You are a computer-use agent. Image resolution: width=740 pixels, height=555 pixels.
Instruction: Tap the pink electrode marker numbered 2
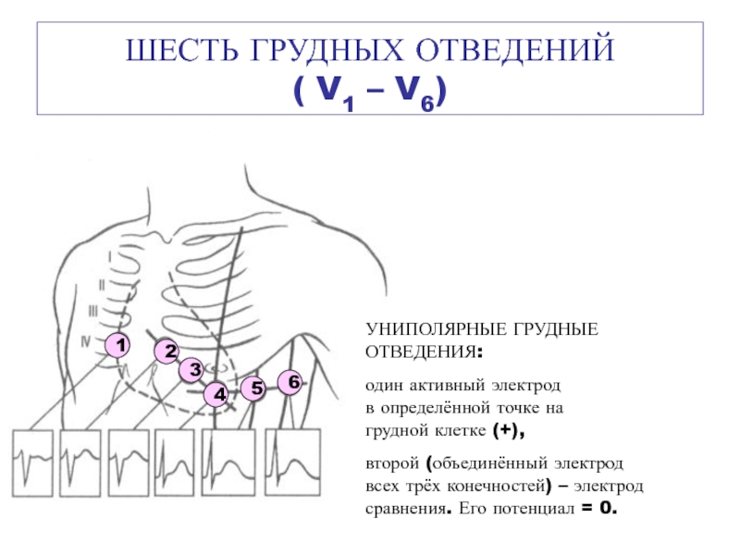pyautogui.click(x=166, y=351)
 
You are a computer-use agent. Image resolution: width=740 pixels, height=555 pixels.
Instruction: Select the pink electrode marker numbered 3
pyautogui.click(x=191, y=370)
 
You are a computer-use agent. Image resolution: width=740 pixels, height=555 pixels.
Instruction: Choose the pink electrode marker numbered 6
pyautogui.click(x=291, y=381)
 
